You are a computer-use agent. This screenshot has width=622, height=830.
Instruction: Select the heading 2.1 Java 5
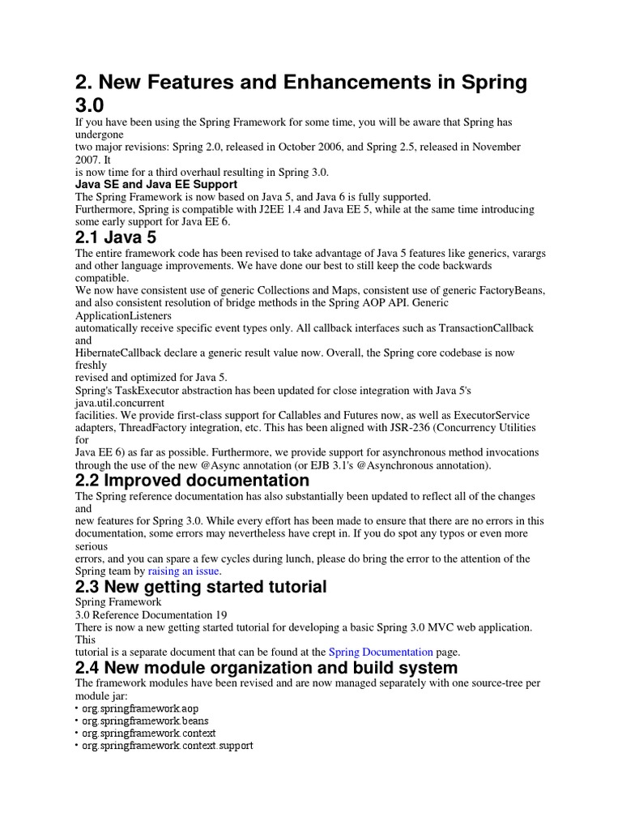pos(116,238)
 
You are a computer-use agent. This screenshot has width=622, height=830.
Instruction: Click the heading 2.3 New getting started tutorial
pos(201,586)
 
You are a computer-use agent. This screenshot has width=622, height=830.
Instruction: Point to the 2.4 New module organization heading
pos(266,668)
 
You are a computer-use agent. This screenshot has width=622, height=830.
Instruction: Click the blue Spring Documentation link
pos(381,652)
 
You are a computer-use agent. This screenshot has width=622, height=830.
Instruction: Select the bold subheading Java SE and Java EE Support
pos(155,184)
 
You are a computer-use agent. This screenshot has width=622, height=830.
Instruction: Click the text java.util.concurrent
pos(120,402)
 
